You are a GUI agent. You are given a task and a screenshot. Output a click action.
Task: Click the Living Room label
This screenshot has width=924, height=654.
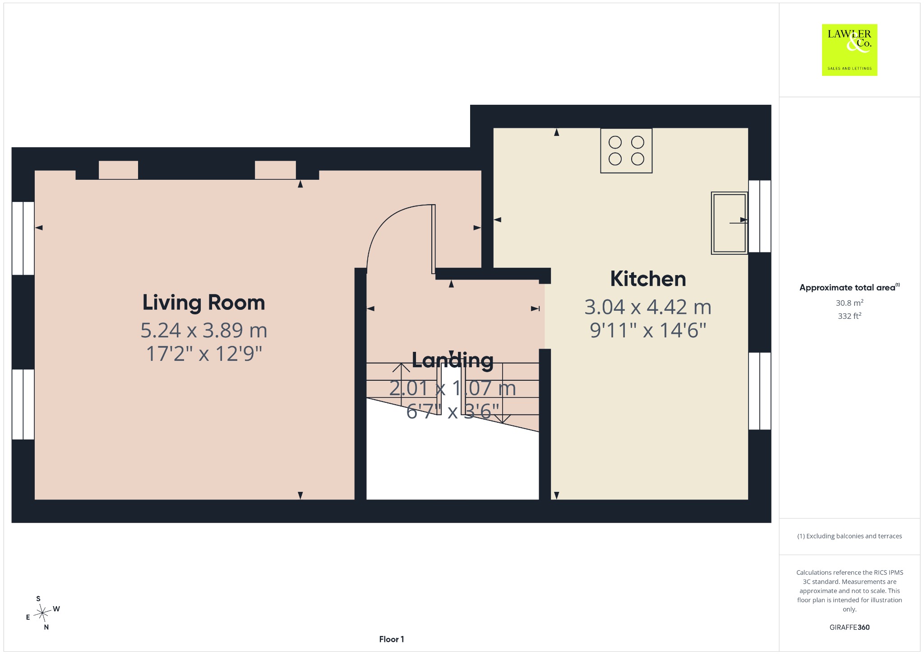(x=203, y=302)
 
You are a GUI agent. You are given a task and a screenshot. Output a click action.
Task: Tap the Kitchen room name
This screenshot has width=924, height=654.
(x=648, y=279)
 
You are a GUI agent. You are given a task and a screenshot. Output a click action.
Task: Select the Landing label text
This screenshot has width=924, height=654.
(x=453, y=360)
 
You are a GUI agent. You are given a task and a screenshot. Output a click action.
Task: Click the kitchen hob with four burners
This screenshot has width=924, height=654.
(x=626, y=150)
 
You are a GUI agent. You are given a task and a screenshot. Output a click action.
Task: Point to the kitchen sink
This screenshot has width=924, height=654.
(x=729, y=223)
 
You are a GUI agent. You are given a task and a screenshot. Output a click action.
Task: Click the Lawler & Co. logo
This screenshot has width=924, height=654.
(x=850, y=50)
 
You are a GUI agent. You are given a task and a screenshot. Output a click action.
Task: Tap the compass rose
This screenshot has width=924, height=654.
(x=42, y=613)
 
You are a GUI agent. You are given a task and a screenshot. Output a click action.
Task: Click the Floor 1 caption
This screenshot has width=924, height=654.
(x=392, y=639)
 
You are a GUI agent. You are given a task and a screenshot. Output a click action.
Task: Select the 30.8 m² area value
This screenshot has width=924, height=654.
(x=850, y=303)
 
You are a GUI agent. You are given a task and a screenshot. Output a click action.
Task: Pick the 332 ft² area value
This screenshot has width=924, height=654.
(x=850, y=316)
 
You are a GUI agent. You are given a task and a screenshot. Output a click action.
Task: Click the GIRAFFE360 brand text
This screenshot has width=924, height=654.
(x=850, y=627)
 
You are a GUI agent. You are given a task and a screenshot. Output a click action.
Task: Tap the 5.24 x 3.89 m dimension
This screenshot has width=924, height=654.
(x=204, y=330)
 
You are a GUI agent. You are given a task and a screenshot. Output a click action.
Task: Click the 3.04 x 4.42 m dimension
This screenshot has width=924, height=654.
(x=648, y=307)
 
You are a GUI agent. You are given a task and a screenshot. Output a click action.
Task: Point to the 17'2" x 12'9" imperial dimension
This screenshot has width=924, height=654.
(x=204, y=353)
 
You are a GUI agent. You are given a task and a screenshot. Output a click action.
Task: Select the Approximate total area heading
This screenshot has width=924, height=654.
(x=850, y=287)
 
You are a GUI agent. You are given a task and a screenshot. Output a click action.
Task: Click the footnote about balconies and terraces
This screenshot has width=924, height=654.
(x=850, y=536)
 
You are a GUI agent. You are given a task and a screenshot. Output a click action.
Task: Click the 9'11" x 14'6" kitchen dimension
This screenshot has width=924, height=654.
(x=648, y=330)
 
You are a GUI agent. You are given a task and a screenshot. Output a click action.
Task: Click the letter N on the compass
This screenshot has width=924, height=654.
(x=46, y=627)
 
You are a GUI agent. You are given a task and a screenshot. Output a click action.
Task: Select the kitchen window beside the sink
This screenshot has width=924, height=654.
(x=760, y=216)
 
